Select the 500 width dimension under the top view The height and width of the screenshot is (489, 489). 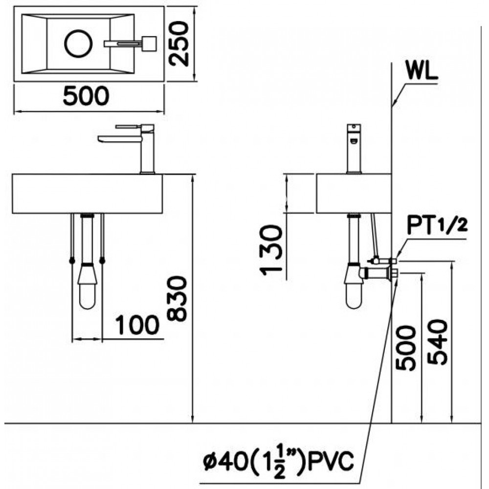click(86, 96)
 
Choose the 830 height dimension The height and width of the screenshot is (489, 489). click(176, 298)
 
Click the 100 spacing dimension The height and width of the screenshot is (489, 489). click(137, 325)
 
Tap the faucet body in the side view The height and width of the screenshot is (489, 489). click(354, 152)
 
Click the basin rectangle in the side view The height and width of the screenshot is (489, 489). click(354, 194)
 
